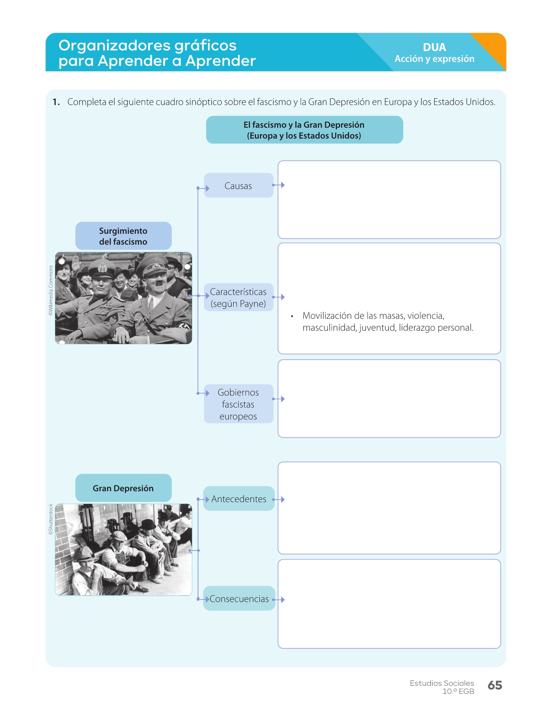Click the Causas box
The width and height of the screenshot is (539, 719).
pyautogui.click(x=238, y=185)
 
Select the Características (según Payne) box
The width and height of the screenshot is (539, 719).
pyautogui.click(x=238, y=298)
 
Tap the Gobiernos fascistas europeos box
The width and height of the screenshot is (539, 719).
pyautogui.click(x=238, y=404)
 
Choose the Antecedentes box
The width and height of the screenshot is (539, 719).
pyautogui.click(x=239, y=499)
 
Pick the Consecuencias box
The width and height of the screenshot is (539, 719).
pyautogui.click(x=239, y=598)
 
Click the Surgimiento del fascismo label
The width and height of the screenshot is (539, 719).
pyautogui.click(x=123, y=236)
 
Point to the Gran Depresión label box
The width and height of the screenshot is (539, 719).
pyautogui.click(x=123, y=488)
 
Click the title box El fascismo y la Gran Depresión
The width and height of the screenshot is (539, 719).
pyautogui.click(x=304, y=130)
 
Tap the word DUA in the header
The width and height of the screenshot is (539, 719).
pyautogui.click(x=434, y=47)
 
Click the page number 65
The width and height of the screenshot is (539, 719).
pyautogui.click(x=495, y=685)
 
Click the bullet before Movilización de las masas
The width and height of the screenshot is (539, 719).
pyautogui.click(x=292, y=316)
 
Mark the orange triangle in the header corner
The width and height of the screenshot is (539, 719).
pyautogui.click(x=493, y=47)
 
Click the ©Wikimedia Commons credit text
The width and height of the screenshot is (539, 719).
pyautogui.click(x=51, y=290)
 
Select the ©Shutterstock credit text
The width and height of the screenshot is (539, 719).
pyautogui.click(x=51, y=519)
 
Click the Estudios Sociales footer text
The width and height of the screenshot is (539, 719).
pyautogui.click(x=442, y=683)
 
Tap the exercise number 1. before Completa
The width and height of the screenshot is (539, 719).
pyautogui.click(x=56, y=102)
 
